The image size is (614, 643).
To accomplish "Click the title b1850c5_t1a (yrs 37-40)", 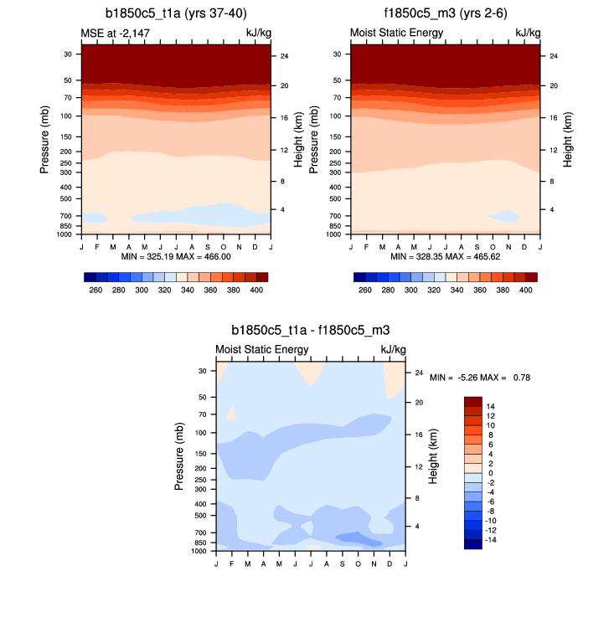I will (x=176, y=12).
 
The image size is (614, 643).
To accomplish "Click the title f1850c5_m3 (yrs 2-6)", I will (x=444, y=12).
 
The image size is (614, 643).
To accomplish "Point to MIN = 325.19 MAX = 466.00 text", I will (x=176, y=256).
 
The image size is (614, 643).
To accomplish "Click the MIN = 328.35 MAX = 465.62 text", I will (x=444, y=256).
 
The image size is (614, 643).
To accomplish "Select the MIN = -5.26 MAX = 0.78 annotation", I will (x=479, y=378).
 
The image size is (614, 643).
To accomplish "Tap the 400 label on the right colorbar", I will (x=525, y=289).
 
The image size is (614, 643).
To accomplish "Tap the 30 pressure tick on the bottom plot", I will (x=202, y=371).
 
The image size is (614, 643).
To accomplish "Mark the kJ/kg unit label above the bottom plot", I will (x=393, y=349).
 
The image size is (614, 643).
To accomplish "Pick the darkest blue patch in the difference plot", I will (x=358, y=538).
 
